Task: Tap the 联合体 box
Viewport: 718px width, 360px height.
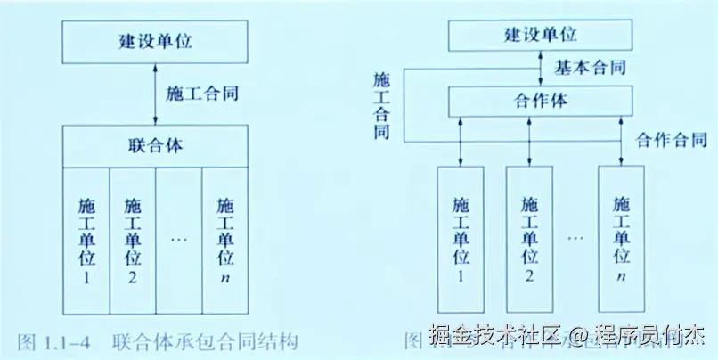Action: coord(155,145)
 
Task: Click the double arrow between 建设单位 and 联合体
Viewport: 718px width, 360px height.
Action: coord(156,93)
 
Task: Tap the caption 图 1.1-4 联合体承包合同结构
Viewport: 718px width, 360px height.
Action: coord(156,341)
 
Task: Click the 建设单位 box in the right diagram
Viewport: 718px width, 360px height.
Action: coord(541,36)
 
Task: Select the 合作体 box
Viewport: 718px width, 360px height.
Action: coord(541,101)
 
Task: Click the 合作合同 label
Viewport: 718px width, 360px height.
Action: coord(672,140)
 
